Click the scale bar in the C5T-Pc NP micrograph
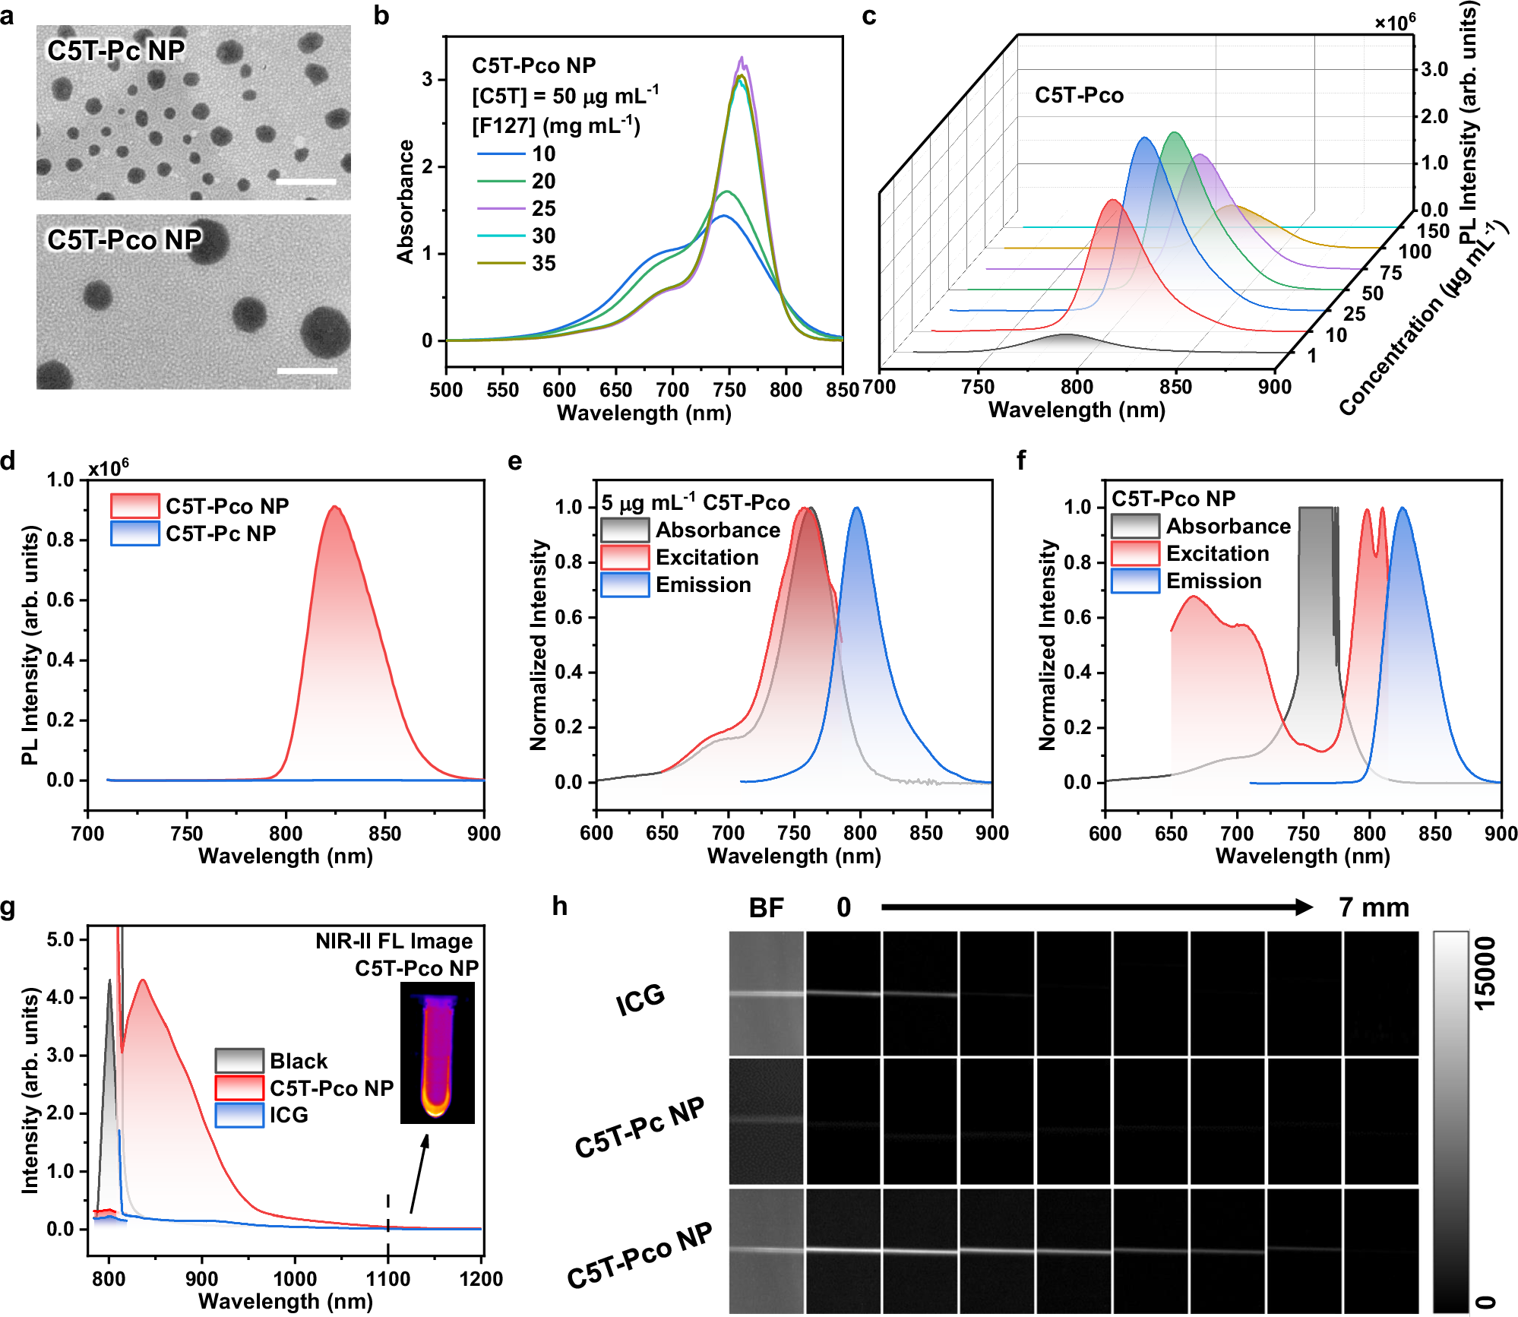306,182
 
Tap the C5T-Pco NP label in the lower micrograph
125,240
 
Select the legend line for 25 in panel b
501,208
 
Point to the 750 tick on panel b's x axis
729,390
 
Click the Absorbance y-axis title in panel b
406,201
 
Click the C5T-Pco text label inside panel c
1079,96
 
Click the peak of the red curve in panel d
334,507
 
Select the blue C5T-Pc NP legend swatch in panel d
134,533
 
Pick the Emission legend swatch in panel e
625,585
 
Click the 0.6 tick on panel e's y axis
568,617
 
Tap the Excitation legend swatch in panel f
1135,554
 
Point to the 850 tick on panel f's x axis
1435,833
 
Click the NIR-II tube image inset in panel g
438,1053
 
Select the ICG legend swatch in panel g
239,1115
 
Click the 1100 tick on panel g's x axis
388,1278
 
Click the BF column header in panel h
766,907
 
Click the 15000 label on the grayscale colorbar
1484,974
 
